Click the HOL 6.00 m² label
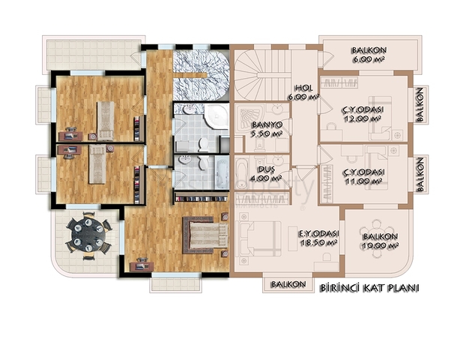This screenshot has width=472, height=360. tap(303, 92)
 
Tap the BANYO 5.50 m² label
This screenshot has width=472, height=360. tap(267, 129)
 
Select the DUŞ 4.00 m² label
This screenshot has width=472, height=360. tap(266, 174)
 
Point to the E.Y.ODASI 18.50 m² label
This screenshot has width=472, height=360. tap(318, 238)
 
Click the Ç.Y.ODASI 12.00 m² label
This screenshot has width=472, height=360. tap(363, 113)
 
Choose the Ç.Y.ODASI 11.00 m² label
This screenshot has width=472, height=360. tap(363, 176)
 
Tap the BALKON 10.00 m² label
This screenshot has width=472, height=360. tap(380, 241)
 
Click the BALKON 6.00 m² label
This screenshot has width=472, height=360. tap(369, 54)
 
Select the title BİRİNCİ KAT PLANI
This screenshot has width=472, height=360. tap(369, 288)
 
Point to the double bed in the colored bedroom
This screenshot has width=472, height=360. tap(205, 235)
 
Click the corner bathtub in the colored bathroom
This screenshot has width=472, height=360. tap(216, 116)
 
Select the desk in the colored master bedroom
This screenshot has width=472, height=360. tap(142, 265)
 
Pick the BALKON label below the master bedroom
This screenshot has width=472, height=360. tap(288, 284)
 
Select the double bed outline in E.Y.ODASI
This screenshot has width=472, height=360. tap(259, 238)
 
